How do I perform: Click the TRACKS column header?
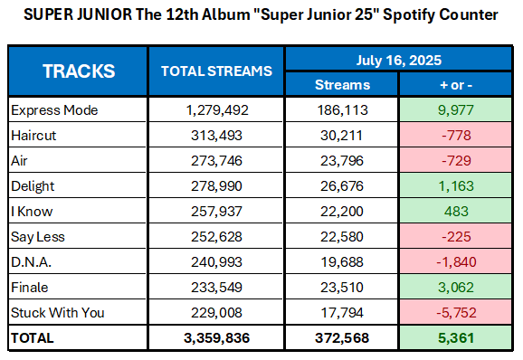pyautogui.click(x=79, y=71)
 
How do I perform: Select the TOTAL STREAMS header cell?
pyautogui.click(x=216, y=71)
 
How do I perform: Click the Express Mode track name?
pyautogui.click(x=54, y=110)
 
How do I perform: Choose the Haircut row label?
pyautogui.click(x=34, y=136)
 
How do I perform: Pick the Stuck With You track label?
pyautogui.click(x=58, y=313)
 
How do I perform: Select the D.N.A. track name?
pyautogui.click(x=32, y=262)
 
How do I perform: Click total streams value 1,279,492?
pyautogui.click(x=216, y=110)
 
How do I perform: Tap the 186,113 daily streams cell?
pyautogui.click(x=340, y=110)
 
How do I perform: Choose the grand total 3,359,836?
pyautogui.click(x=216, y=338)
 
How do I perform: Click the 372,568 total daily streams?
pyautogui.click(x=340, y=338)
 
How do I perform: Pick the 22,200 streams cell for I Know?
pyautogui.click(x=340, y=212)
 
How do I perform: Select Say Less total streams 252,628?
pyautogui.click(x=216, y=237)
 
